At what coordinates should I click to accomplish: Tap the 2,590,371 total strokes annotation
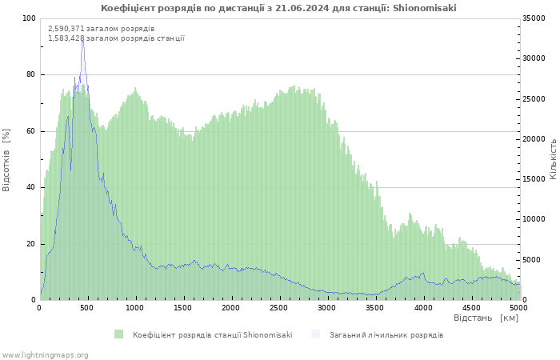pos(102,29)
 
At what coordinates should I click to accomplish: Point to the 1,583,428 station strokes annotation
pos(116,38)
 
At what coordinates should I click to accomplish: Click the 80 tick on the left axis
pos(31,74)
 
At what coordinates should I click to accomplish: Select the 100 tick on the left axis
pos(29,18)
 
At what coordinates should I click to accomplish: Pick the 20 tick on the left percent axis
pos(31,244)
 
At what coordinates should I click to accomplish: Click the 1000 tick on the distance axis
pos(135,307)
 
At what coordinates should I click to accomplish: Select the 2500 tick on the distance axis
pos(279,307)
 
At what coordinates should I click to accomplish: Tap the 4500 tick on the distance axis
pos(471,307)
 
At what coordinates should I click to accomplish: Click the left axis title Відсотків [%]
pos(7,159)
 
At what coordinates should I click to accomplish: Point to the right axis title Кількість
pos(553,158)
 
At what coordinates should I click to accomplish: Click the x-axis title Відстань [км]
pos(486,318)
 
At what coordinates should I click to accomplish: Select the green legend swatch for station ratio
pos(119,334)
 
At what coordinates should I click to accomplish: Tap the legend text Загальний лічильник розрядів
pos(386,334)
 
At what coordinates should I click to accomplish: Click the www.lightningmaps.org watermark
pos(45,354)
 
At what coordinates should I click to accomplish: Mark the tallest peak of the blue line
pos(82,38)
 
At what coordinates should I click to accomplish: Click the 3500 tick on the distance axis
pos(375,307)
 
